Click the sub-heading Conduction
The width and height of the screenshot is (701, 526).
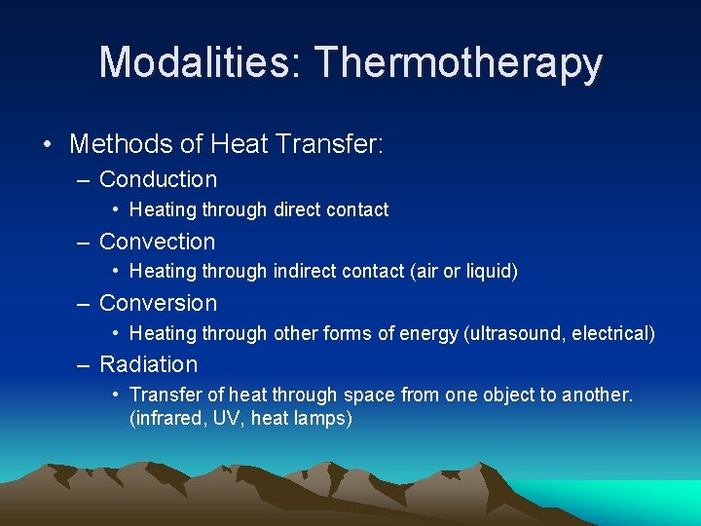coord(158,179)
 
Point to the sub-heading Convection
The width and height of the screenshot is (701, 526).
coord(157,242)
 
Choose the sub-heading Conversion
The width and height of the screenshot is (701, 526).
coord(158,303)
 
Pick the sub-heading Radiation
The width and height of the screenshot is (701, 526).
coord(148,364)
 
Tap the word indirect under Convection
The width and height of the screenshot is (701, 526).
coord(303,272)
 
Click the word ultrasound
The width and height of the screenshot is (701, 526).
coord(516,333)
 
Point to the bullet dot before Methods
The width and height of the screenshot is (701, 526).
coord(47,145)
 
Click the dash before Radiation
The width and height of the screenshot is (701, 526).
coord(85,364)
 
